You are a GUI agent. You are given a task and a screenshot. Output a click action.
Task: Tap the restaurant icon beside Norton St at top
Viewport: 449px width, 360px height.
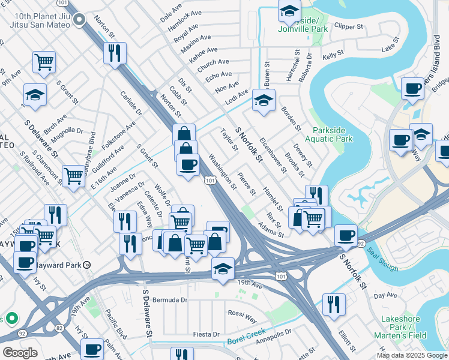[x=113, y=53]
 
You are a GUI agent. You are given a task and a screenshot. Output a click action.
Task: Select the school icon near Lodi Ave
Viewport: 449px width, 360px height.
[x=264, y=101]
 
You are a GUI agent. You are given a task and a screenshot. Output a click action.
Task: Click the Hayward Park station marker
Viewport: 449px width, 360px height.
[x=86, y=265]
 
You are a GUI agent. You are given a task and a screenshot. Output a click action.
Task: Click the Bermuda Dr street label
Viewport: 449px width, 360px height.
[x=169, y=299]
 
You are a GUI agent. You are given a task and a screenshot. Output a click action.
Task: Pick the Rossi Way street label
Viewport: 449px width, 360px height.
[x=242, y=313]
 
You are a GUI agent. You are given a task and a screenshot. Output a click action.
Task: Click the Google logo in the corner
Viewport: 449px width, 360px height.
[x=20, y=353]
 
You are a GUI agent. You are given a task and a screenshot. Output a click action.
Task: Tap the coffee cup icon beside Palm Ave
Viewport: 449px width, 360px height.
[x=92, y=349]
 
